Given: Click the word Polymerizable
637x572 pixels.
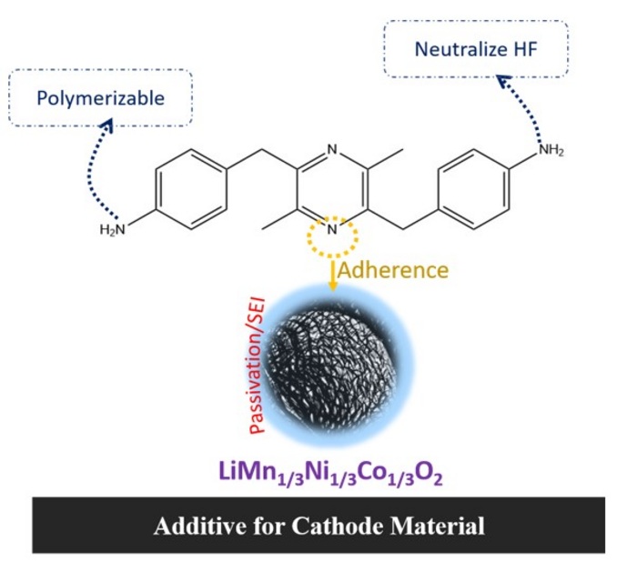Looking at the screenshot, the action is (x=101, y=98).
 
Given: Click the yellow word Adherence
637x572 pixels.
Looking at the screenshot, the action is (x=393, y=270).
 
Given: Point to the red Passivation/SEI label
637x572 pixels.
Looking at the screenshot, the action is (x=258, y=366).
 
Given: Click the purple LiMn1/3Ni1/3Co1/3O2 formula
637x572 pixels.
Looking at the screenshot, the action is (x=330, y=474).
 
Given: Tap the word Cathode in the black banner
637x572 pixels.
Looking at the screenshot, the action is (x=338, y=526).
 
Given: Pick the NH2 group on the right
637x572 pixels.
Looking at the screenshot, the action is (x=551, y=150).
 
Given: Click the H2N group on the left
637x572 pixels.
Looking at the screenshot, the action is (x=113, y=230).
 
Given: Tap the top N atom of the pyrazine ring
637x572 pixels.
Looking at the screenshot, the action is (x=332, y=149).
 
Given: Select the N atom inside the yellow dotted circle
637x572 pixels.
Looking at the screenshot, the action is (x=332, y=229).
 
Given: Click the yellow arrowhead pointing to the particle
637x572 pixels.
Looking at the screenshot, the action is (x=333, y=286).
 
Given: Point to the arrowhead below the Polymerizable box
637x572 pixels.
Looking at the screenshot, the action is (x=107, y=125).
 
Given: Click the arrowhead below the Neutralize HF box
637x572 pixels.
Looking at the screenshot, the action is (x=504, y=82).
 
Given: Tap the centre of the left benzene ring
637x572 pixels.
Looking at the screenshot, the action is (x=191, y=189).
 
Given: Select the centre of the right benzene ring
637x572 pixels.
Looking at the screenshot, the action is (x=474, y=189).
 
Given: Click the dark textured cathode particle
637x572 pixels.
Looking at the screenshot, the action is (x=334, y=366).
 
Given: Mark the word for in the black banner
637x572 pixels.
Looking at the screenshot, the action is (x=269, y=526).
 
